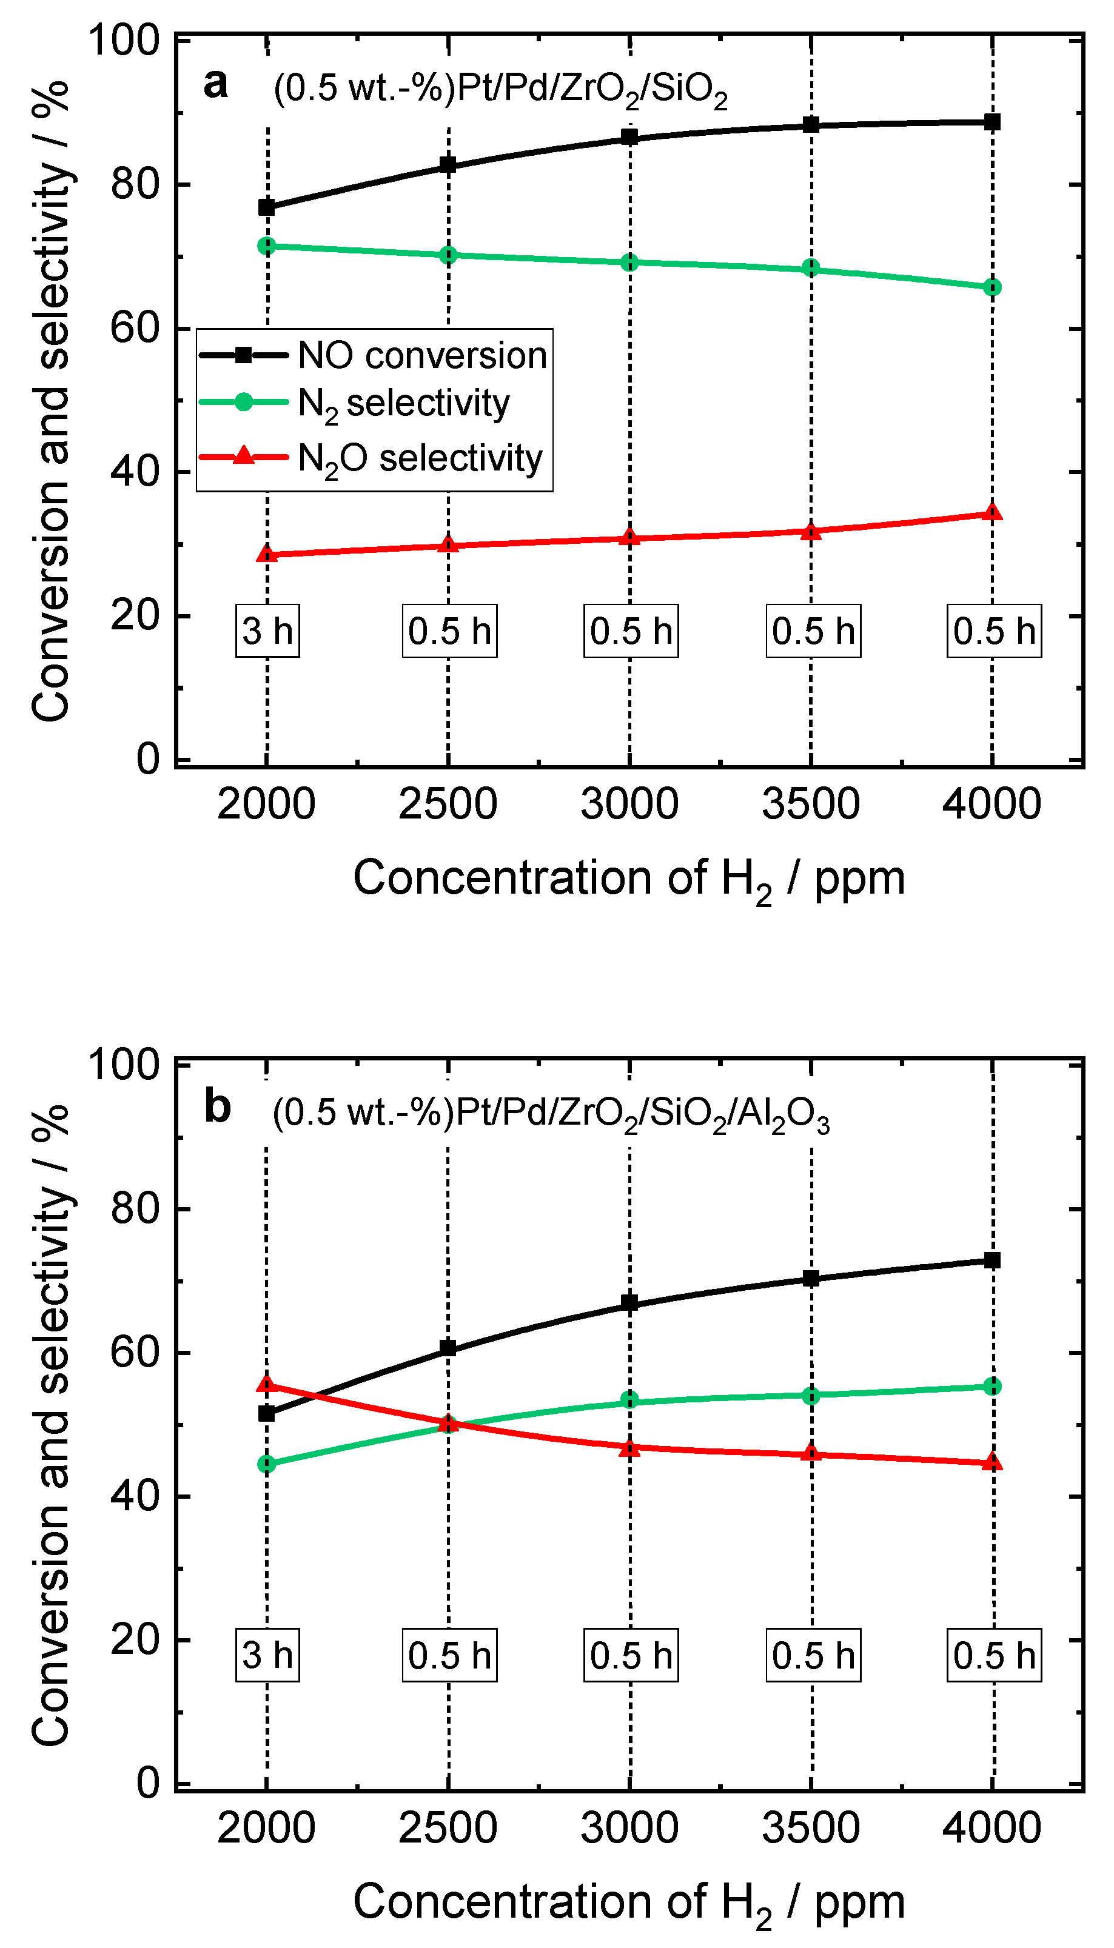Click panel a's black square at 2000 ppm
coord(266,207)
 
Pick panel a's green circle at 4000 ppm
coord(992,287)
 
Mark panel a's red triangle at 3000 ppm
coord(629,538)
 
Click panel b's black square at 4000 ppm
coord(992,1260)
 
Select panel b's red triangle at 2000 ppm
coord(266,1384)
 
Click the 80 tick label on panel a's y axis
coord(135,184)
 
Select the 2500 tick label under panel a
coord(448,804)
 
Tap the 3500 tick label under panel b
coord(811,1829)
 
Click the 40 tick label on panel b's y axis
coord(135,1495)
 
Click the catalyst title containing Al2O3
coord(551,1114)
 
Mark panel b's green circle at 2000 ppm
coord(266,1464)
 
